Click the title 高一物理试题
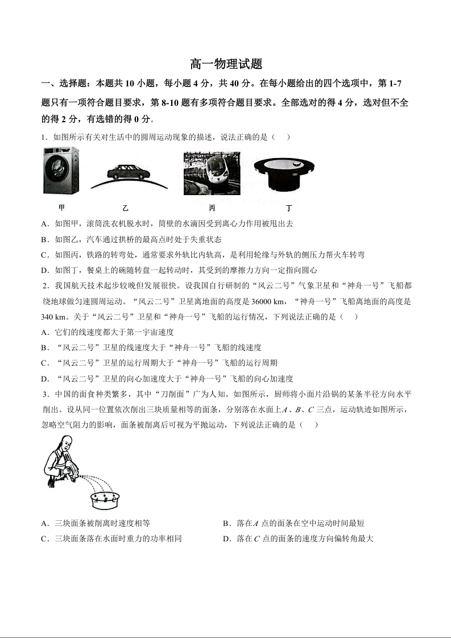click(226, 64)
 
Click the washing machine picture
click(61, 171)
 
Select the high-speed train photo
click(212, 173)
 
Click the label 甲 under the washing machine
click(61, 208)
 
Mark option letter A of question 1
click(44, 224)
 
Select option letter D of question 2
click(44, 379)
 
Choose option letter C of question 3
click(44, 538)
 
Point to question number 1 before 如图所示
click(43, 137)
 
